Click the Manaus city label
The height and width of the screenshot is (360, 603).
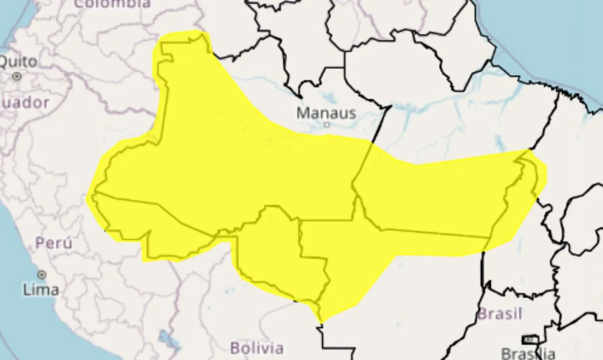click(326, 113)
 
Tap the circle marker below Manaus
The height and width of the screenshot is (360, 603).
click(326, 125)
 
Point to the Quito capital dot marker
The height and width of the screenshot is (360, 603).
click(17, 76)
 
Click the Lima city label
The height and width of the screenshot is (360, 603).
click(41, 289)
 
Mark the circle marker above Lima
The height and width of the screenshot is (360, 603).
click(41, 275)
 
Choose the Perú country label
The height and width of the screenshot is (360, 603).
click(54, 243)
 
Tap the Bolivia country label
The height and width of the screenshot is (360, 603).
click(257, 348)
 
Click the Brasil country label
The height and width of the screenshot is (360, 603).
click(500, 313)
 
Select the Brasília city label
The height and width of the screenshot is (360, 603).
click(528, 353)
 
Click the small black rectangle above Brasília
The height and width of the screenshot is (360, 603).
click(530, 339)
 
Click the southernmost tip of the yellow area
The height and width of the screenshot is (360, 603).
click(321, 322)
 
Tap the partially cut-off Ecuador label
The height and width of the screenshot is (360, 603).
click(24, 103)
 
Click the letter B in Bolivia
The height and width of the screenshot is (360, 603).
click(235, 348)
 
